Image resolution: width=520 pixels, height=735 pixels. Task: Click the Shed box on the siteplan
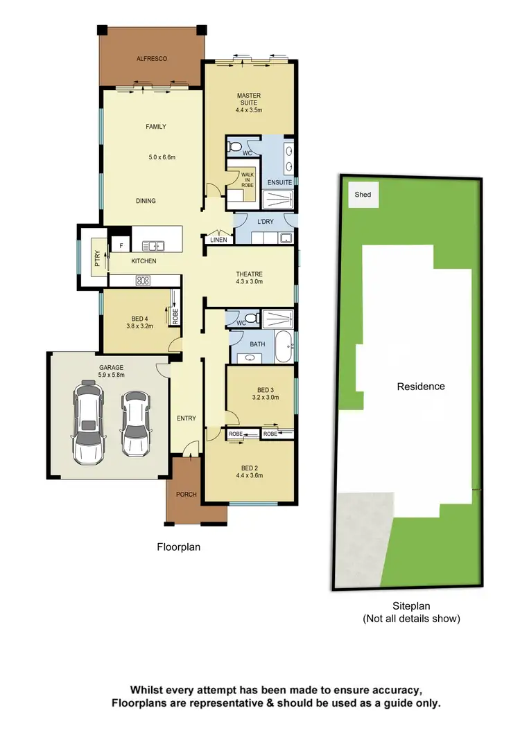pyautogui.click(x=363, y=195)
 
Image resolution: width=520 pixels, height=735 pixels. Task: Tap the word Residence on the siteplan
pyautogui.click(x=420, y=387)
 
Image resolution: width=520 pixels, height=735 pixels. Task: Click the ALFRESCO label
pyautogui.click(x=151, y=60)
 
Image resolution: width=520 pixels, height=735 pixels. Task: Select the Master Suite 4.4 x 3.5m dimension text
pyautogui.click(x=248, y=109)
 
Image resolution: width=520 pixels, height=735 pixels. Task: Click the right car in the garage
pyautogui.click(x=136, y=423)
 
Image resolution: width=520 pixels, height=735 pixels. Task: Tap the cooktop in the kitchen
pyautogui.click(x=143, y=281)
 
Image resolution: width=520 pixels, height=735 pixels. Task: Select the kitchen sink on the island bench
pyautogui.click(x=152, y=245)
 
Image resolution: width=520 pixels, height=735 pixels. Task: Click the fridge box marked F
pyautogui.click(x=121, y=246)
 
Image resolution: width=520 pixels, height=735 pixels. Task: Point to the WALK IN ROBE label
pyautogui.click(x=247, y=179)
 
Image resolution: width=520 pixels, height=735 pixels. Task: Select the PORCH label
pyautogui.click(x=187, y=495)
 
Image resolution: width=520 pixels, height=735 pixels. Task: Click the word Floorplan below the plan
pyautogui.click(x=178, y=547)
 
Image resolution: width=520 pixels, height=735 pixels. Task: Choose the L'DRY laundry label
pyautogui.click(x=263, y=220)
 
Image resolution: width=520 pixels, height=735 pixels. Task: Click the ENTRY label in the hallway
pyautogui.click(x=186, y=418)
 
